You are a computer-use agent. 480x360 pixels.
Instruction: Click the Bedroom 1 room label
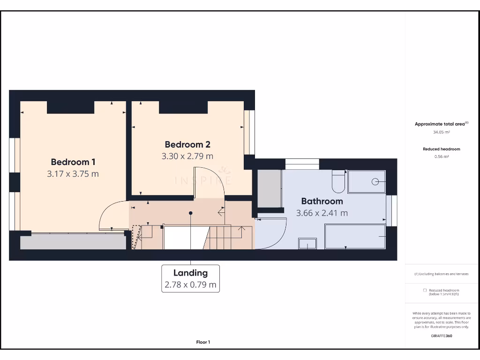coord(73,162)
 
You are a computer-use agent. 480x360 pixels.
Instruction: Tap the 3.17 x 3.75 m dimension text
coord(73,174)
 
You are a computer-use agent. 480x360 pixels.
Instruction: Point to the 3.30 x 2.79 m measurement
coord(187,156)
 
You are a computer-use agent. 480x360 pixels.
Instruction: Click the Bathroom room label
coord(322,201)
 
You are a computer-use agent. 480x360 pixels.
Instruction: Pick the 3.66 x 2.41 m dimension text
coord(322,213)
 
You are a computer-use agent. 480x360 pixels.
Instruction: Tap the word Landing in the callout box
coord(190,273)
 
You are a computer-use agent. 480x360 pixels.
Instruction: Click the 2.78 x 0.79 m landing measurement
coord(190,285)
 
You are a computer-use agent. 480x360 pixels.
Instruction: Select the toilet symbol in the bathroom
coord(338,182)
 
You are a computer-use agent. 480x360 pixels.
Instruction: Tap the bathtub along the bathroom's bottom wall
coord(355,236)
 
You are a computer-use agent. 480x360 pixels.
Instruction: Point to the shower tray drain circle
coord(375,182)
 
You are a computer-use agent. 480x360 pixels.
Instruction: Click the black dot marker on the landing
coord(190,213)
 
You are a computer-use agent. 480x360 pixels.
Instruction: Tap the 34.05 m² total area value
coord(441,132)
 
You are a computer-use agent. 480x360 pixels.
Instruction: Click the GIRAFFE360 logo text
coord(441,336)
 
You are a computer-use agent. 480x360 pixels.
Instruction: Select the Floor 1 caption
coord(203,342)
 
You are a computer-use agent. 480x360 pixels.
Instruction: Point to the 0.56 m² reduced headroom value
coord(441,157)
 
